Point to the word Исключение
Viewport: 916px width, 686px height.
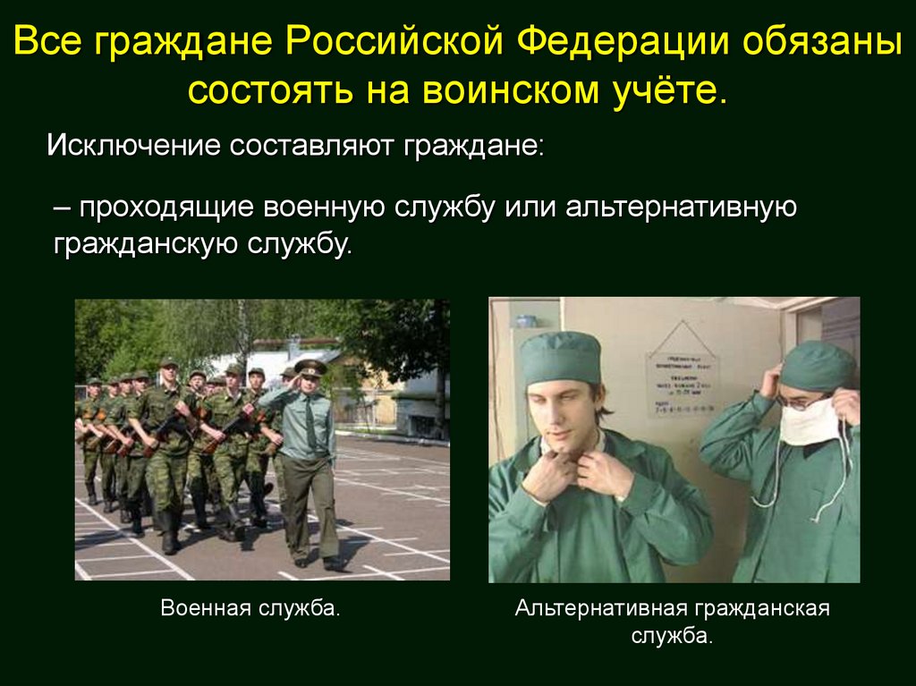click(x=133, y=145)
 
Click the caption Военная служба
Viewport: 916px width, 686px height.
click(x=251, y=609)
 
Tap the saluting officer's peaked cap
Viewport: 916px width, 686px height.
click(x=310, y=368)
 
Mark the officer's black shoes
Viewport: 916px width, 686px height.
click(x=318, y=563)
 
